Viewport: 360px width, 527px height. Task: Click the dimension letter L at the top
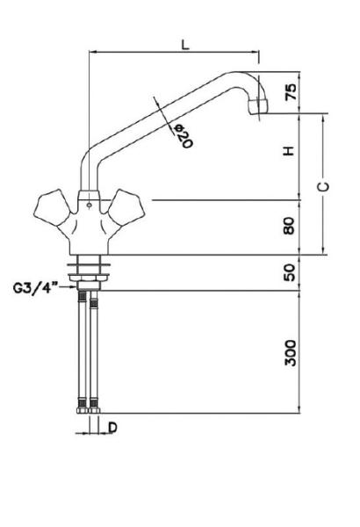pos(185,45)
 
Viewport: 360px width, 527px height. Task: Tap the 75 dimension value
pos(292,91)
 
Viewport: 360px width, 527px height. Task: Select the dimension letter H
pos(289,150)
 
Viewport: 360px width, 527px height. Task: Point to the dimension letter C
pos(323,186)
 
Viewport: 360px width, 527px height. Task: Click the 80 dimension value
pos(289,226)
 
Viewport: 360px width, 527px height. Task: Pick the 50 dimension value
pos(289,272)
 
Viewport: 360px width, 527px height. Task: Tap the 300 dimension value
pos(291,352)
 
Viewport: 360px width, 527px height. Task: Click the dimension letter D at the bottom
pos(113,428)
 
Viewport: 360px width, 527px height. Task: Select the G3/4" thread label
pos(36,288)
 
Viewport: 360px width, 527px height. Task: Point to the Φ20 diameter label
pos(183,136)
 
